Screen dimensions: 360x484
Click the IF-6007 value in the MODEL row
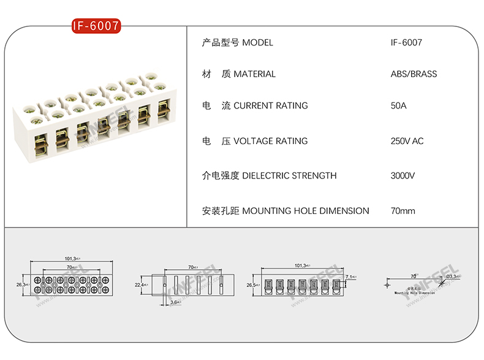[406, 43]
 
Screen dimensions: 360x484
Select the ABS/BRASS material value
[414, 74]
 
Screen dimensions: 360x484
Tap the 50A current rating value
[398, 105]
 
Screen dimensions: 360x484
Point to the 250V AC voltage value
[407, 141]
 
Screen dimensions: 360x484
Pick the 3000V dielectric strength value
[403, 176]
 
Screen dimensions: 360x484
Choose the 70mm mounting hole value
[403, 211]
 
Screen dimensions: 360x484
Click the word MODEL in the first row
[258, 43]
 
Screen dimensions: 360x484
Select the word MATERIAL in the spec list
[255, 74]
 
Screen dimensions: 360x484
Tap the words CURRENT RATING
[271, 105]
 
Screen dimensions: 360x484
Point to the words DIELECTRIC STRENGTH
[289, 176]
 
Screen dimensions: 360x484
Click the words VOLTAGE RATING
[271, 141]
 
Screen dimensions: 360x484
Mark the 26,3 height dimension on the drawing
[21, 285]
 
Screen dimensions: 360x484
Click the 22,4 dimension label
[140, 285]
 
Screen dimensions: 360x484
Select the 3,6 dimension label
[175, 302]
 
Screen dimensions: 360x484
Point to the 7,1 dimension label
[350, 278]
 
